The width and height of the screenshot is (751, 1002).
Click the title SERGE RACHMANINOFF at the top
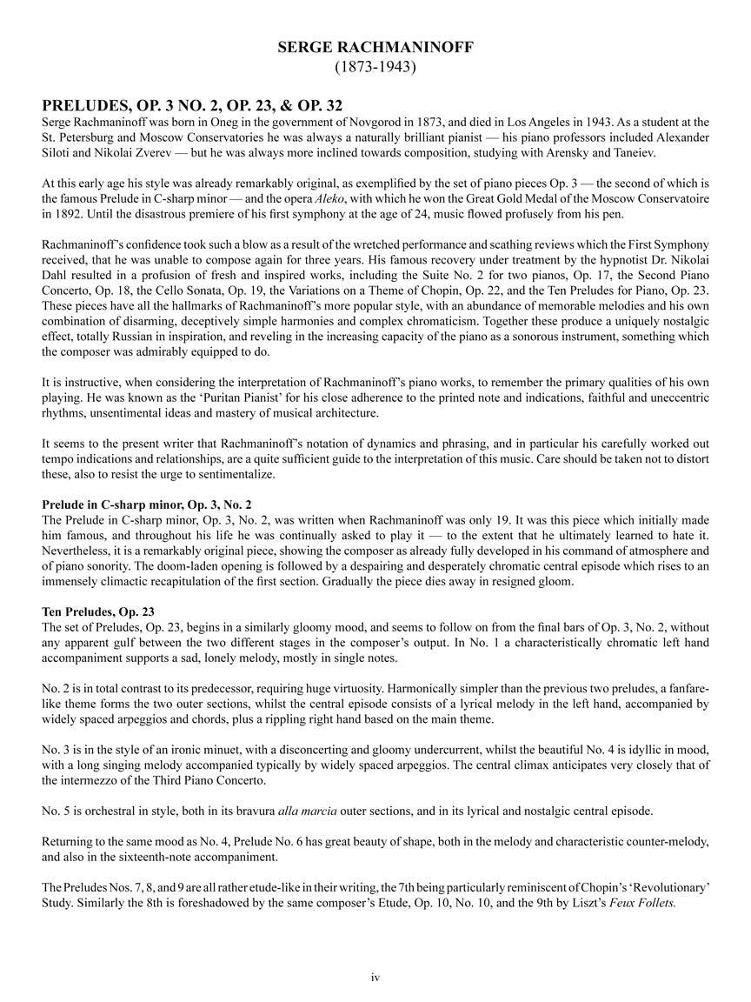[x=375, y=49]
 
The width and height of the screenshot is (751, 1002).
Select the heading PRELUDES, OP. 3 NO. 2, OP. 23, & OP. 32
[x=192, y=107]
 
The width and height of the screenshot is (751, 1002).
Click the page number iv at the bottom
[x=375, y=978]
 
